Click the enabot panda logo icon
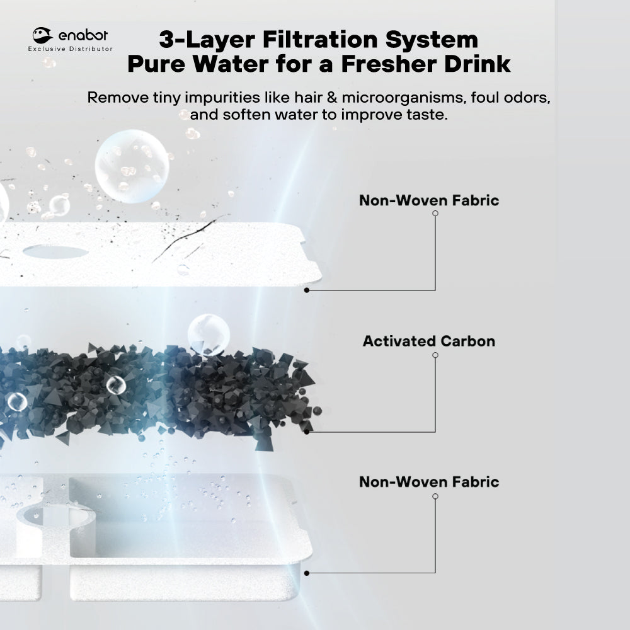[x=42, y=35]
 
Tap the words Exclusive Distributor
[x=71, y=49]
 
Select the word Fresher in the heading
[x=388, y=64]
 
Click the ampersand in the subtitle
[x=331, y=97]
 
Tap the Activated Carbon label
[x=428, y=341]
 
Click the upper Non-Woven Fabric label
[x=428, y=200]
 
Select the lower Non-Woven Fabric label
[x=428, y=482]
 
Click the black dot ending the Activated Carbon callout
[x=307, y=432]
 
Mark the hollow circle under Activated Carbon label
[x=435, y=355]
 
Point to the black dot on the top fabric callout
[x=307, y=290]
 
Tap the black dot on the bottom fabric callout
[x=307, y=573]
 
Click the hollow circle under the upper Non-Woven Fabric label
[x=435, y=214]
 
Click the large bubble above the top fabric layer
[x=132, y=166]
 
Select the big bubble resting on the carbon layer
[x=209, y=335]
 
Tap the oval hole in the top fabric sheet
[x=55, y=251]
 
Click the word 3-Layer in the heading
[x=207, y=40]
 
